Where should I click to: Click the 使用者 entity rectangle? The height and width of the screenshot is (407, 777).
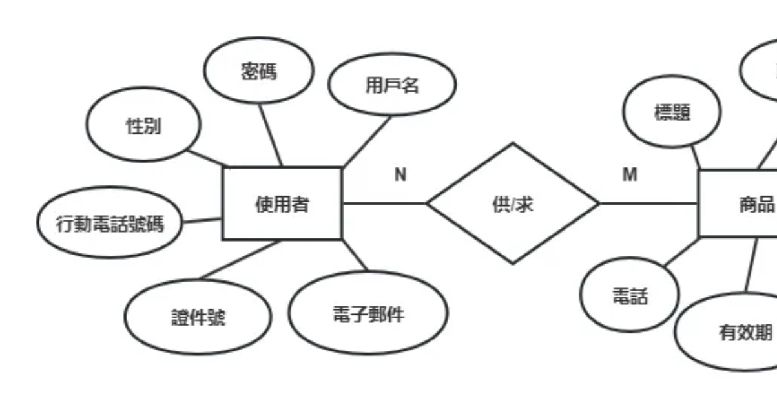click(282, 203)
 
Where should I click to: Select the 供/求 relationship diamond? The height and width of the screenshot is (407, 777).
click(513, 203)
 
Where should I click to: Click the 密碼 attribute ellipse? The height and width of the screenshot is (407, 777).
click(259, 70)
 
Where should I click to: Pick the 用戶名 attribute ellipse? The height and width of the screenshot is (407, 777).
click(392, 84)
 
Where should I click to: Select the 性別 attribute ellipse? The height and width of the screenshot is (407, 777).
click(143, 125)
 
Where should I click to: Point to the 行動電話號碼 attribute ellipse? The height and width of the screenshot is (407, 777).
click(110, 223)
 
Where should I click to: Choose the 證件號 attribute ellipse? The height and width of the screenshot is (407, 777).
click(198, 317)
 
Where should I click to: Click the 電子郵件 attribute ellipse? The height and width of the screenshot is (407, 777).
click(368, 313)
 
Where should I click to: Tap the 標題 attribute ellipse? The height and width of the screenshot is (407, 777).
click(672, 112)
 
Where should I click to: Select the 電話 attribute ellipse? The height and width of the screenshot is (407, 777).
click(630, 295)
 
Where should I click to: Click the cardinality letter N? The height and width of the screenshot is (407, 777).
click(400, 174)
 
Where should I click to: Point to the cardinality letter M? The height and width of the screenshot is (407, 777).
click(629, 174)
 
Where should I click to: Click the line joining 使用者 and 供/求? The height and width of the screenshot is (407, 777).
click(384, 203)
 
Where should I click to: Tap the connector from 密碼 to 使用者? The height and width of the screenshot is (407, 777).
click(271, 136)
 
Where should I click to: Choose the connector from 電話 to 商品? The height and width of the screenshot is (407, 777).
click(681, 252)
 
